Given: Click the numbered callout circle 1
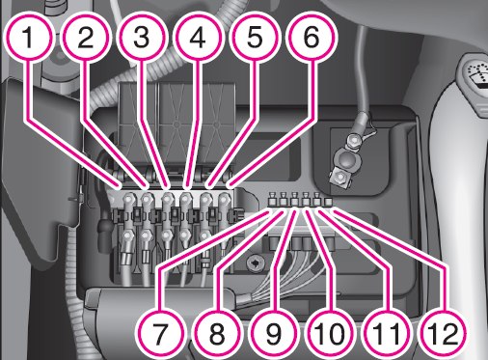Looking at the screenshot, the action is tap(29, 38).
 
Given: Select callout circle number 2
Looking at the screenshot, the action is tap(85, 38).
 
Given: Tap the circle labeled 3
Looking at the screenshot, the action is tap(142, 38).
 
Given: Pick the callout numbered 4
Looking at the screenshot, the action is tap(198, 38).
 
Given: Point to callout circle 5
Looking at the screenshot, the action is tap(255, 38).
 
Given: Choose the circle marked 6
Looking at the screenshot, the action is tap(311, 38).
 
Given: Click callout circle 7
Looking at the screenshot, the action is tap(161, 333).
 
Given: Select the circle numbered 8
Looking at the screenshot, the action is tap(217, 333).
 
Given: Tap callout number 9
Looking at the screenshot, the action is tap(274, 333).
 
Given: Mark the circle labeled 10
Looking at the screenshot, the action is tap(330, 333).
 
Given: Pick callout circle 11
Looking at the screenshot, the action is tap(387, 333).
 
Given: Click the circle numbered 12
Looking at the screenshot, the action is tap(443, 333).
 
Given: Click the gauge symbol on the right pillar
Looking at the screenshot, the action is tap(476, 75).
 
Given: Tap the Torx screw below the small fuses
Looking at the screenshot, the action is tap(255, 263).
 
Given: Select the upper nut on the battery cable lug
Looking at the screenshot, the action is tap(353, 141).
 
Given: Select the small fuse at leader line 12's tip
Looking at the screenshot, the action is tap(328, 203).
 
